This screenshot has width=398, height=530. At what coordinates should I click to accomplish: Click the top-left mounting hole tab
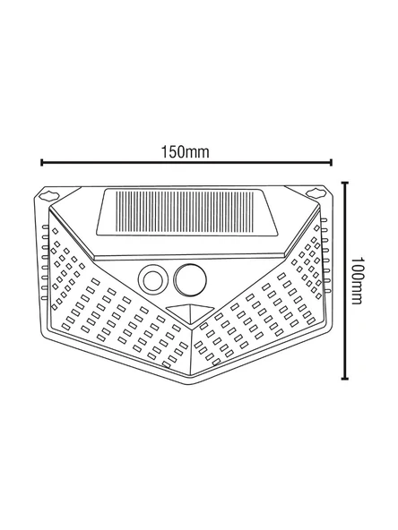(x=49, y=192)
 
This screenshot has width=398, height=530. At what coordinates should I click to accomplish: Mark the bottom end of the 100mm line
(x=346, y=376)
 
